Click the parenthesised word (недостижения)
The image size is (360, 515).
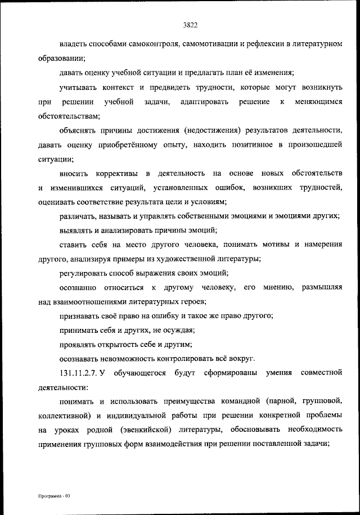[x=211, y=131]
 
